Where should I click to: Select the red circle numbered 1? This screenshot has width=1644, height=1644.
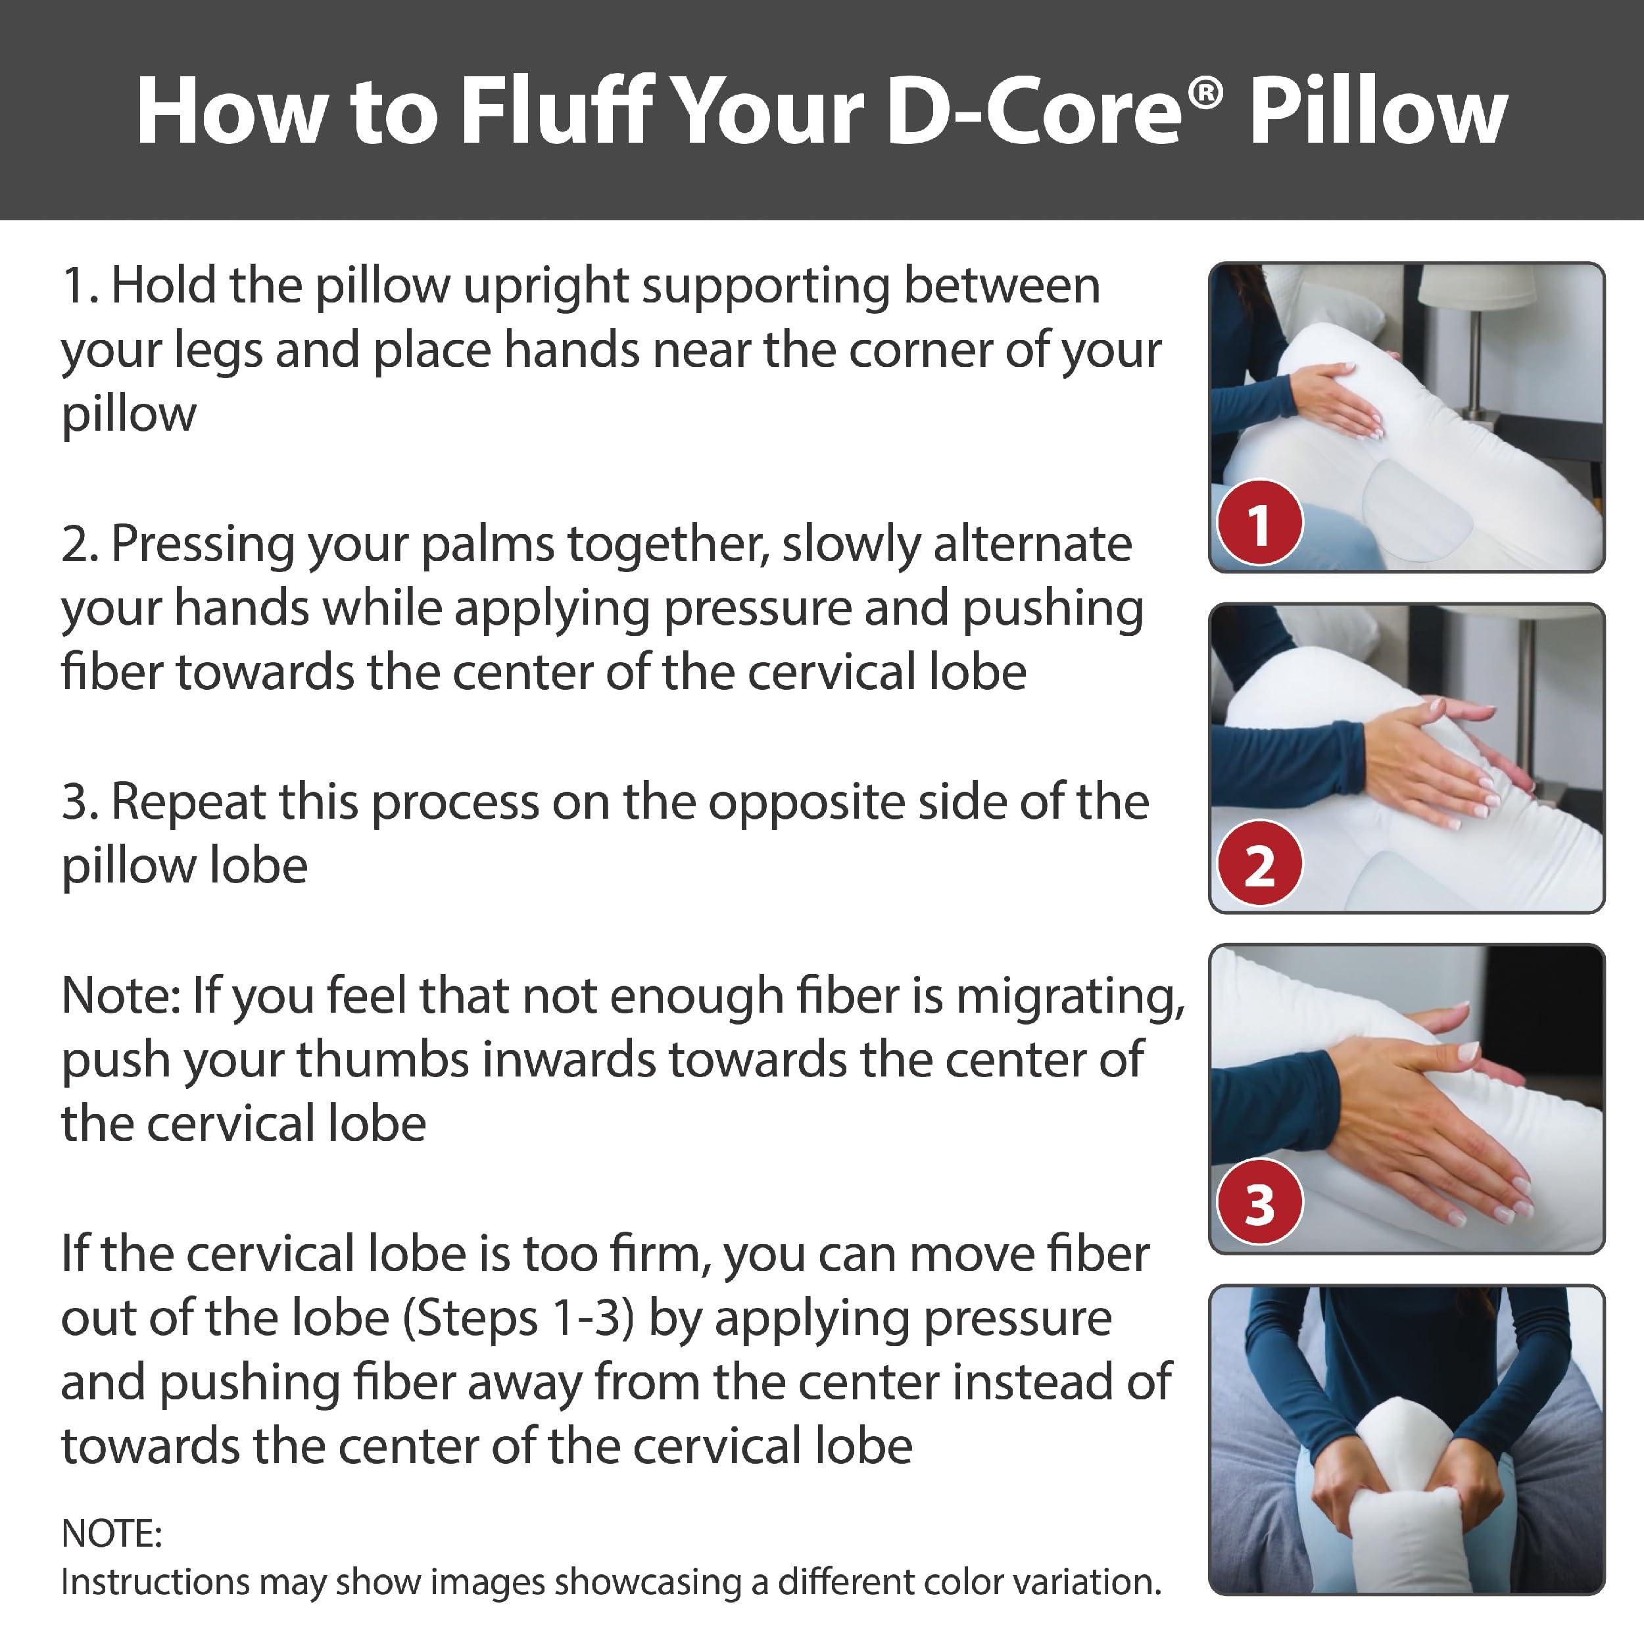pos(1259,523)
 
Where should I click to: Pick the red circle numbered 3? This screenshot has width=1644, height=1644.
pos(1259,1202)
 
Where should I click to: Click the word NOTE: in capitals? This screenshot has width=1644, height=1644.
pos(112,1534)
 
